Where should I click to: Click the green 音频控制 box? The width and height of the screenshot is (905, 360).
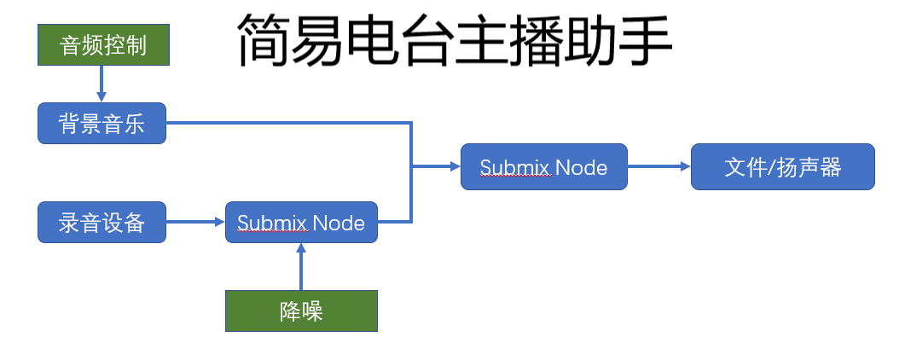[x=104, y=45]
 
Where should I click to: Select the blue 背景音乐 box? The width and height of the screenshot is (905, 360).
[x=102, y=124]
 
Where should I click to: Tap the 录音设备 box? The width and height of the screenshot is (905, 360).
[x=102, y=223]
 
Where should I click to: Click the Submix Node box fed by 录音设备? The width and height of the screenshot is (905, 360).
[x=301, y=223]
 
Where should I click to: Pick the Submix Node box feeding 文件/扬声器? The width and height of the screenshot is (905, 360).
[x=543, y=166]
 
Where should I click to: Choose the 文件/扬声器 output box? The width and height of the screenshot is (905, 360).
[x=782, y=166]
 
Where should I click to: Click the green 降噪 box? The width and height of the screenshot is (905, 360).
[x=301, y=311]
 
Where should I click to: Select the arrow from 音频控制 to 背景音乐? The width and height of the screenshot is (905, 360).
[x=102, y=84]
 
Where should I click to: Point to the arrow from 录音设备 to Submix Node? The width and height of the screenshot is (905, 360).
[x=195, y=223]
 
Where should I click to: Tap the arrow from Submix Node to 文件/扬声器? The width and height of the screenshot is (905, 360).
[x=658, y=166]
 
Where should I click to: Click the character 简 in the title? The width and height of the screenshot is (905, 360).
[x=262, y=41]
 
